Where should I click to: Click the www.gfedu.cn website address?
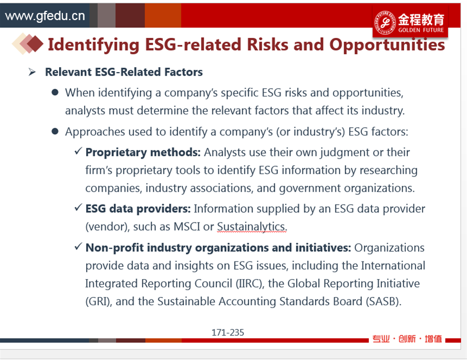45,16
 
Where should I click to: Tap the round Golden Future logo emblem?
385,22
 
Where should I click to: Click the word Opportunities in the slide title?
387,45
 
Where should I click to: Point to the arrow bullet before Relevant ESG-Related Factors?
32,71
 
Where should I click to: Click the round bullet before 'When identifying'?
55,92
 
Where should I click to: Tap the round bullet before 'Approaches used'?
55,131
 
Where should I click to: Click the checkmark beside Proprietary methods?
79,151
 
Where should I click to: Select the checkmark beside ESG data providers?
79,207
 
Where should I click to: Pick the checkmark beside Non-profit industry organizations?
79,246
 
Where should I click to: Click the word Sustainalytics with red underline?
251,227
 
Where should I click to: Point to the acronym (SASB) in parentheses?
381,302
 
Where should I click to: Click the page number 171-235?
228,332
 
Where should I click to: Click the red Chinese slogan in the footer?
407,339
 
